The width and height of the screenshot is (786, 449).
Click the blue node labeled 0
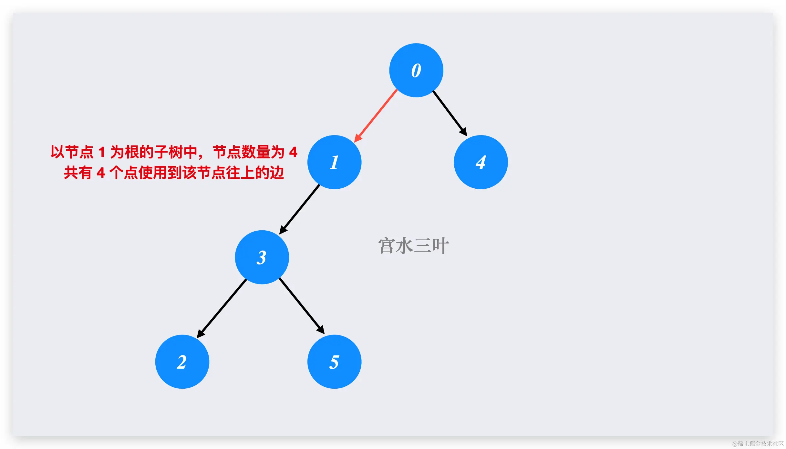coord(416,70)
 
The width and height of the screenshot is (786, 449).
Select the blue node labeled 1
coord(334,162)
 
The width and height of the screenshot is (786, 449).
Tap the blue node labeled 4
coord(481,162)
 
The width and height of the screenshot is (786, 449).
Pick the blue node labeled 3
coord(262,257)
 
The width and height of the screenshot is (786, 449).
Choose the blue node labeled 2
coord(182,362)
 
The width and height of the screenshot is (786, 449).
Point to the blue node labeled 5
coord(334,362)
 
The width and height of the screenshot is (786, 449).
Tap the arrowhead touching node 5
coord(321,330)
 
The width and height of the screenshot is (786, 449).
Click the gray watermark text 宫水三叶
coord(413,246)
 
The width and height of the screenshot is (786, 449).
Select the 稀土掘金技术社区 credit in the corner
coord(758,444)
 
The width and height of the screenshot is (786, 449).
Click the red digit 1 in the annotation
coord(102,152)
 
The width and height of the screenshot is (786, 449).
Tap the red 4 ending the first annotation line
coord(293,152)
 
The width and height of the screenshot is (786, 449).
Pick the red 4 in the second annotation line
coord(101,173)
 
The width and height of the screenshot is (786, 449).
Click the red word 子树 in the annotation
coord(168,152)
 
